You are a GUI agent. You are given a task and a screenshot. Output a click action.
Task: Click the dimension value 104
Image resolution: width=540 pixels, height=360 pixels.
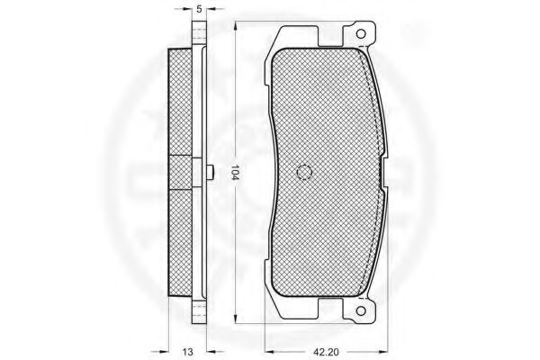click(x=235, y=172)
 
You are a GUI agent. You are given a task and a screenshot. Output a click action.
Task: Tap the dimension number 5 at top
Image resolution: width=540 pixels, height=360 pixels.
click(x=199, y=9)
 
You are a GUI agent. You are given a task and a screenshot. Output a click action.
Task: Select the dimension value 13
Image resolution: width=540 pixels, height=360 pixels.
click(x=188, y=352)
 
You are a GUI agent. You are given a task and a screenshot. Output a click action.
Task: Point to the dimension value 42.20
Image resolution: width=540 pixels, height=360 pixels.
click(x=326, y=352)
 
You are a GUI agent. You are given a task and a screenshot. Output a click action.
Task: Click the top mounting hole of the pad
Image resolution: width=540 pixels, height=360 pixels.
click(x=361, y=34)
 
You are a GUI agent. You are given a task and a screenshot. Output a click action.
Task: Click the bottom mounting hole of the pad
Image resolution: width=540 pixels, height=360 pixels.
click(x=361, y=310)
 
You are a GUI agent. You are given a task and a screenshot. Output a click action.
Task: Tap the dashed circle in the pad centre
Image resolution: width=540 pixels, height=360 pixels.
click(x=304, y=172)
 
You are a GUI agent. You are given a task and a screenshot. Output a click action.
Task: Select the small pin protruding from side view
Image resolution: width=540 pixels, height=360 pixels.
click(x=211, y=172)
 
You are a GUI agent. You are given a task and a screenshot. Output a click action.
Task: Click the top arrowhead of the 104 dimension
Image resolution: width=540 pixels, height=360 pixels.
click(x=236, y=28)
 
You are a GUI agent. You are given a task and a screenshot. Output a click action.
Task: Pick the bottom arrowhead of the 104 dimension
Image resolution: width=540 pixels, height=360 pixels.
click(x=236, y=318)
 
